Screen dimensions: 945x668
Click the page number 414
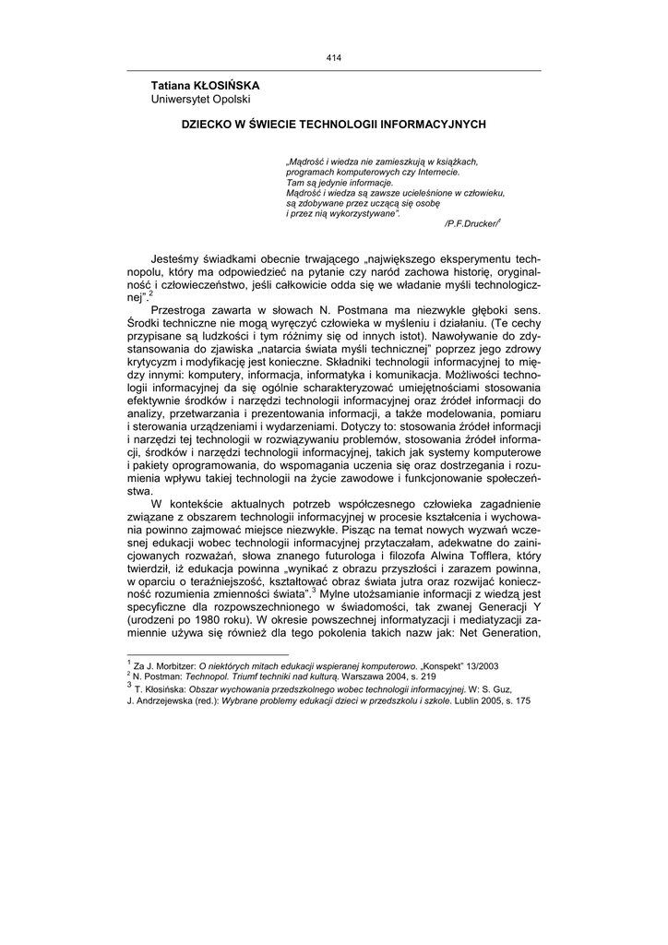point(334,59)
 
